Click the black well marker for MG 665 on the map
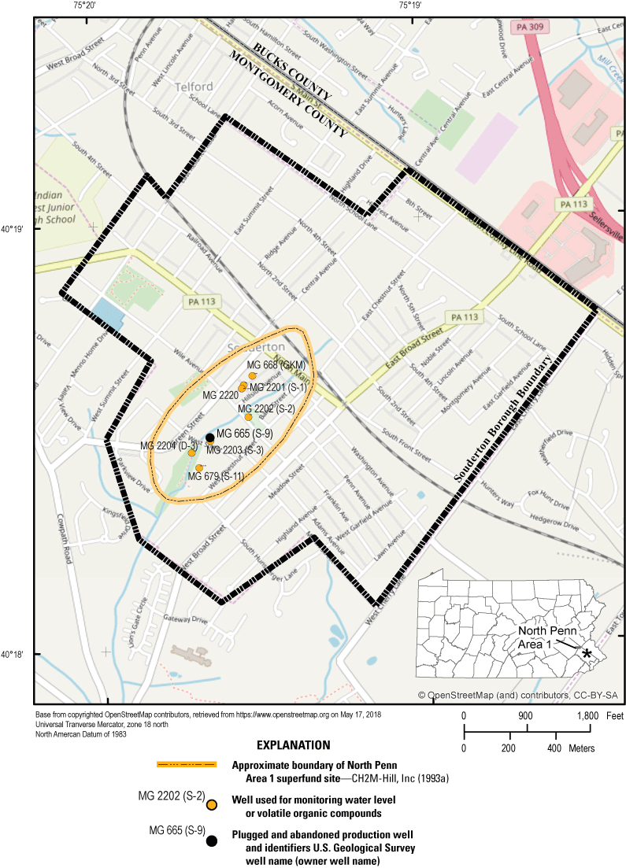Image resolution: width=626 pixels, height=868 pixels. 209,438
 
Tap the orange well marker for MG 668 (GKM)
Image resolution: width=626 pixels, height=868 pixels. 252,376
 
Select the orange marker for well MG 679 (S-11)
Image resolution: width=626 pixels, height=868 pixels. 199,468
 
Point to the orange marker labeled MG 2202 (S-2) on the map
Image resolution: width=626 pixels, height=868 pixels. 248,417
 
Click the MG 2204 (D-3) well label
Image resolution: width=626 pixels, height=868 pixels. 169,445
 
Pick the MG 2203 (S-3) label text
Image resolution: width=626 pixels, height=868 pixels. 234,450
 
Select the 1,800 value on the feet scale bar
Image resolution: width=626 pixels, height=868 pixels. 588,716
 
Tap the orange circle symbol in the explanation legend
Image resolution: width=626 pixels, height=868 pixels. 211,804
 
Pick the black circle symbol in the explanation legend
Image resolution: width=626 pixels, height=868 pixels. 211,842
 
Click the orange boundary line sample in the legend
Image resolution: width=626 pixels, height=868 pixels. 186,765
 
